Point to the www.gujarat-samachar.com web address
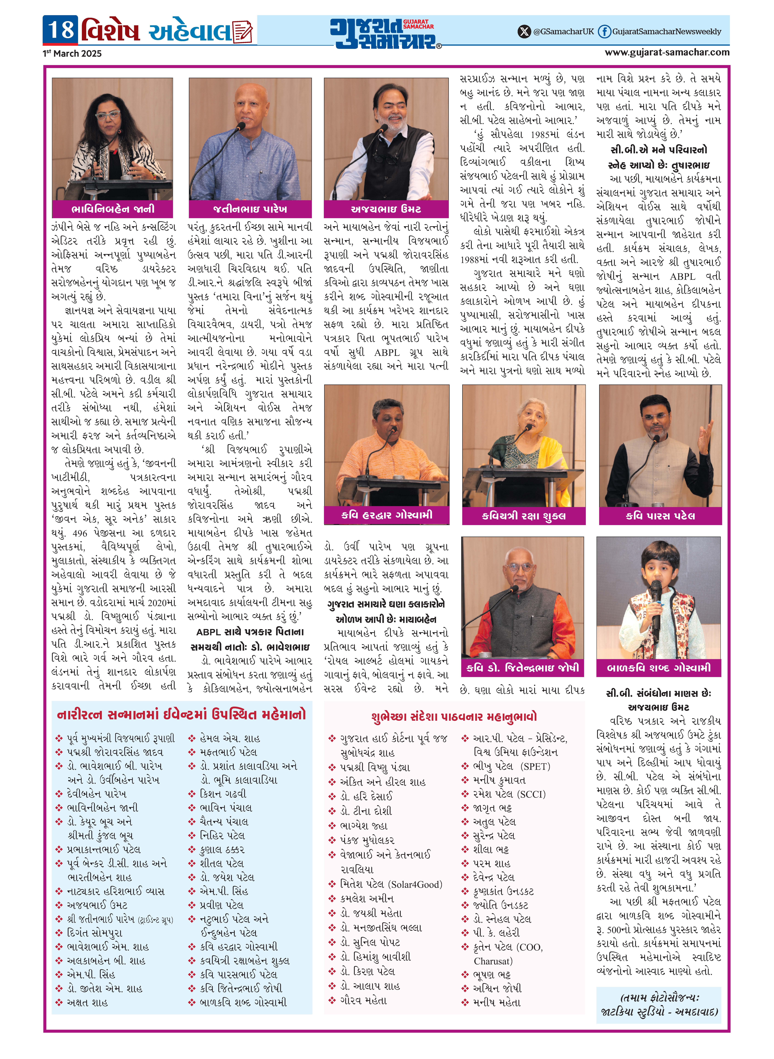coord(667,52)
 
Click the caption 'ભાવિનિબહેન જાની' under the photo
coord(112,209)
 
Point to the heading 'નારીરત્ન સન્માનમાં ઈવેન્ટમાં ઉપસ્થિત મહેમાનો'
coord(181,714)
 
